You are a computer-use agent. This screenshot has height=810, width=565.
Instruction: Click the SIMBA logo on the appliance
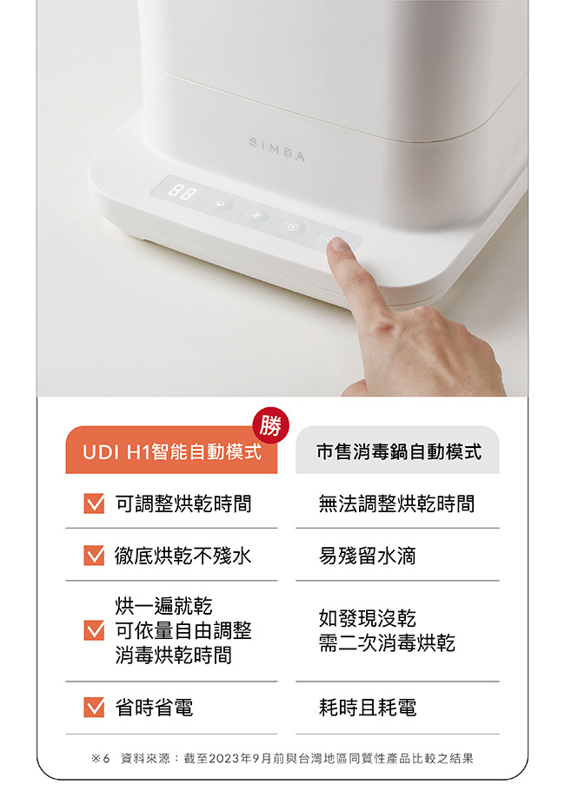pyautogui.click(x=277, y=148)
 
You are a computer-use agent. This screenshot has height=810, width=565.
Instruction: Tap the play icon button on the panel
pyautogui.click(x=293, y=227)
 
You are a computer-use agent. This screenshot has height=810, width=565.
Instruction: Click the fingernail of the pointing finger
pyautogui.click(x=339, y=244)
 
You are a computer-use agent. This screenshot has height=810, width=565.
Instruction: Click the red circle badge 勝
pyautogui.click(x=271, y=425)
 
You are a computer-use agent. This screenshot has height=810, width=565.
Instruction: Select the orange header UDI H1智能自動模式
pyautogui.click(x=171, y=450)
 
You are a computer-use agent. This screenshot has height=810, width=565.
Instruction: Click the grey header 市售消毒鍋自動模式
pyautogui.click(x=397, y=450)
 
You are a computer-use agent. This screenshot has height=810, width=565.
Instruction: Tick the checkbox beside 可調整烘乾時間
pyautogui.click(x=94, y=504)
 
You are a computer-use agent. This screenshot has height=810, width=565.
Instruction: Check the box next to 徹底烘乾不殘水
pyautogui.click(x=94, y=556)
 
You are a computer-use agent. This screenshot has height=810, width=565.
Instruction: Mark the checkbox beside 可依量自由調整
pyautogui.click(x=94, y=630)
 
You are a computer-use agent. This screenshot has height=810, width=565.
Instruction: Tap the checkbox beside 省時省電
pyautogui.click(x=94, y=708)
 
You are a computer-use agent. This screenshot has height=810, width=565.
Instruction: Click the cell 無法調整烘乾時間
pyautogui.click(x=396, y=504)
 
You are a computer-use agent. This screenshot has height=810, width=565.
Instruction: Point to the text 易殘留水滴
pyautogui.click(x=368, y=556)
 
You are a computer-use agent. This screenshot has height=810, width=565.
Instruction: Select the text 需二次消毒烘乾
pyautogui.click(x=387, y=643)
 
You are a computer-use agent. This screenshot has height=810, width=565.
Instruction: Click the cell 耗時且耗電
pyautogui.click(x=368, y=708)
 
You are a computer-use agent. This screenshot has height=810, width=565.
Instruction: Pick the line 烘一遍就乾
pyautogui.click(x=163, y=605)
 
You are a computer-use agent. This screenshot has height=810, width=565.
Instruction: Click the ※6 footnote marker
pyautogui.click(x=100, y=758)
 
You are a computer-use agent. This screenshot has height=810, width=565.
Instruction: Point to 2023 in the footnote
pyautogui.click(x=224, y=758)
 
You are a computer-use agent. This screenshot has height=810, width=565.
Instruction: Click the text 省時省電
pyautogui.click(x=154, y=708)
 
